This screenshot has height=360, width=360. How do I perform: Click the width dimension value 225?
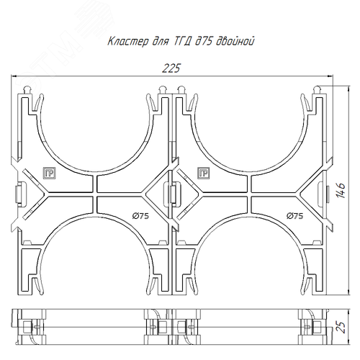[x=171, y=68]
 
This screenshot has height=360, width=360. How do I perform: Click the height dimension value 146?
[x=341, y=191]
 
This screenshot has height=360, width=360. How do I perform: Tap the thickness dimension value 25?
[x=341, y=327]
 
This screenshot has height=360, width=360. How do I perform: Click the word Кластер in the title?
[x=128, y=41]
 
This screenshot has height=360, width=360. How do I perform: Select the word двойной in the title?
[x=235, y=41]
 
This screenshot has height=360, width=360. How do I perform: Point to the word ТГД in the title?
[x=179, y=42]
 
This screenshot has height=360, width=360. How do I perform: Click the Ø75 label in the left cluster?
[x=140, y=216]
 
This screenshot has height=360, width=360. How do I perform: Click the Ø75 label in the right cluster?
[x=295, y=216]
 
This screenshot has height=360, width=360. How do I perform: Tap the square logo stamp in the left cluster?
[x=49, y=173]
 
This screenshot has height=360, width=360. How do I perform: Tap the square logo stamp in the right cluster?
[x=204, y=173]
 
